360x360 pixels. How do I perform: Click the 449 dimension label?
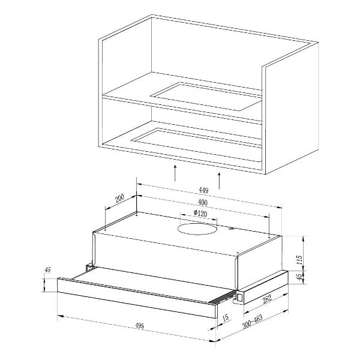click(203, 190)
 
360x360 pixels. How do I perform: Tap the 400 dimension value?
click(203, 203)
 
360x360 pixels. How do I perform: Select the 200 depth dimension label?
click(119, 199)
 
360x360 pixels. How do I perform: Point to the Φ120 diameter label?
click(200, 214)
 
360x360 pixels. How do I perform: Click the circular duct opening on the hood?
click(197, 229)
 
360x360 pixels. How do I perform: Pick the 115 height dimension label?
click(299, 260)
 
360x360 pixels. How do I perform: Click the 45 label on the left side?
click(48, 269)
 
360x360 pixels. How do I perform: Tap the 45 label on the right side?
click(299, 277)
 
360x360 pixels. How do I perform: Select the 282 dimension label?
click(267, 299)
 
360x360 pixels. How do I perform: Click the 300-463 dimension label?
click(253, 322)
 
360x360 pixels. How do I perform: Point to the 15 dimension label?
click(226, 317)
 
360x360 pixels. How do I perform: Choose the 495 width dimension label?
click(139, 326)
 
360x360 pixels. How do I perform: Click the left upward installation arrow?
click(175, 173)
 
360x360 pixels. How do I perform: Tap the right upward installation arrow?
click(219, 181)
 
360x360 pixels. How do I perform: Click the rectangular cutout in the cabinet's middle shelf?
click(206, 97)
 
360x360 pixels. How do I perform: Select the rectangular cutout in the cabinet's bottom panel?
click(196, 145)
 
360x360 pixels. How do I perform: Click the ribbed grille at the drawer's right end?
click(224, 298)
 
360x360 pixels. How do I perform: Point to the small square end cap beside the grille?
click(239, 298)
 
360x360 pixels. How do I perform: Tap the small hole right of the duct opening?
click(230, 229)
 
